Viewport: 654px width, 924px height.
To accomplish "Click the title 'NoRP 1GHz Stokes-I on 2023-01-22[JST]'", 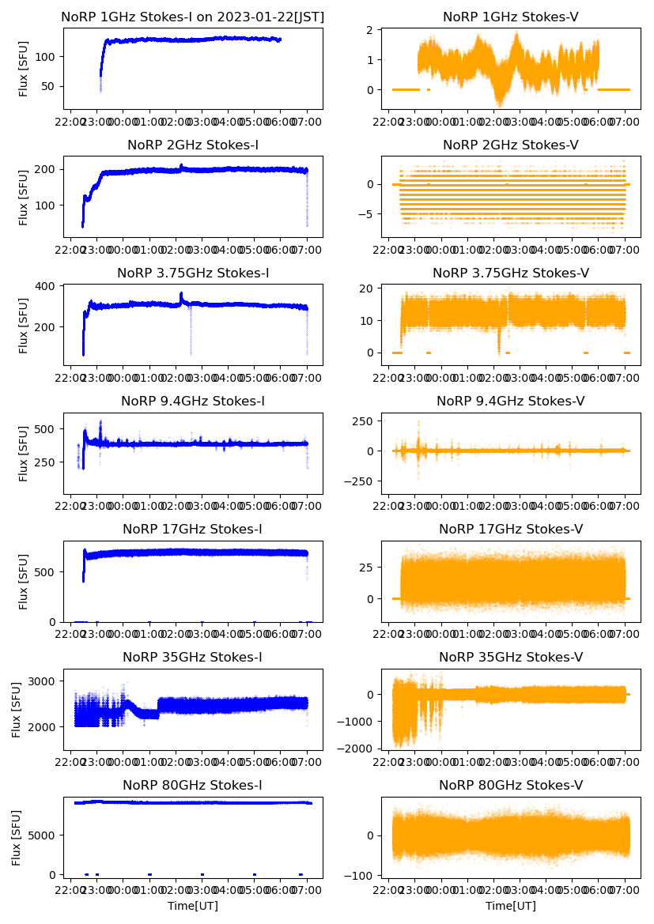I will (192, 17).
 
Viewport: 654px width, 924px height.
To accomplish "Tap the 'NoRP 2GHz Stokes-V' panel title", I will (510, 145).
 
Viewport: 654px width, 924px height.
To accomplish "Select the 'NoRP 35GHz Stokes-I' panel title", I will (192, 658).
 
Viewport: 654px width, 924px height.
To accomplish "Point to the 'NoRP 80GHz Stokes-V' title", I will (510, 786).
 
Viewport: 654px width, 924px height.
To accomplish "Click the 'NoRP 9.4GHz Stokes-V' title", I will (510, 402).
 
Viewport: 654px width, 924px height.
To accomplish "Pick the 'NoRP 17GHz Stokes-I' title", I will (192, 530).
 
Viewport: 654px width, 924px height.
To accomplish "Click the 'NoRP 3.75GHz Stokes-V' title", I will (510, 273).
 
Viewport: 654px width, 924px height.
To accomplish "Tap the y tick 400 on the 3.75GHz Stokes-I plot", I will (44, 286).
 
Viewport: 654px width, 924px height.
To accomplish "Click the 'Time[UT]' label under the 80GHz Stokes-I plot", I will (192, 906).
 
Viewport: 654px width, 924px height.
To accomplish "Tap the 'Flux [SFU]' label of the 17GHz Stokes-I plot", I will (24, 583).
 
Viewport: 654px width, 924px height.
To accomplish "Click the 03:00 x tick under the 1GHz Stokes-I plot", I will (202, 123).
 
